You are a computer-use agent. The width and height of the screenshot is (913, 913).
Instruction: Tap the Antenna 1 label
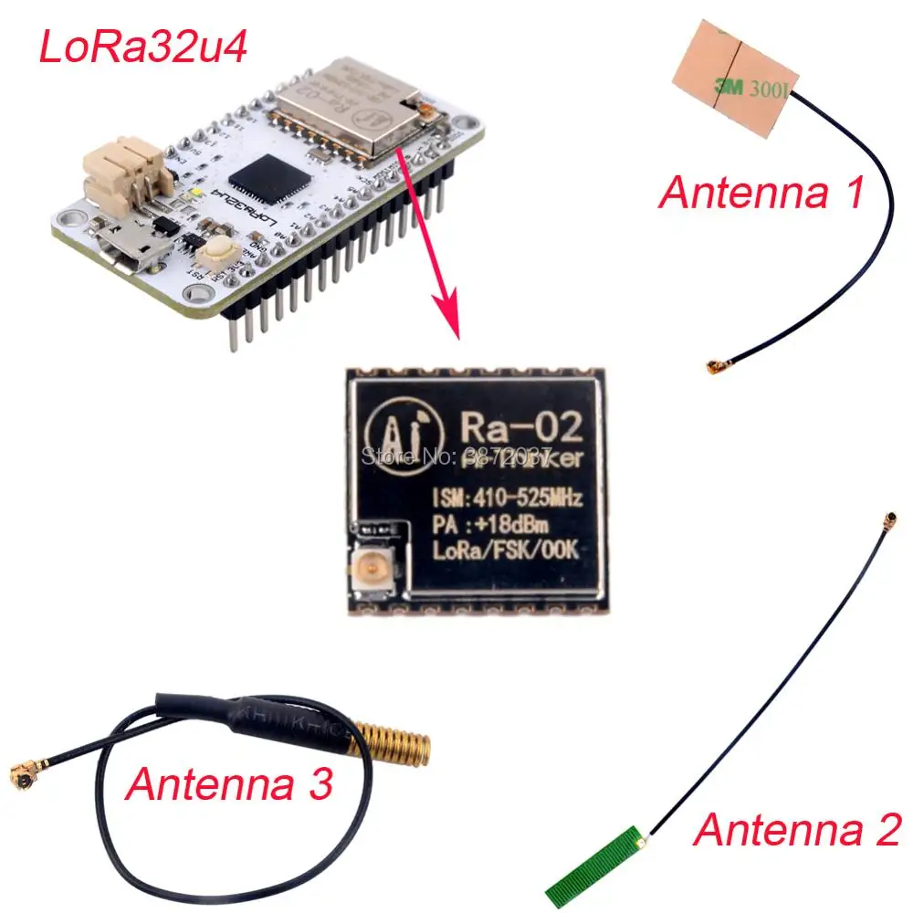761,193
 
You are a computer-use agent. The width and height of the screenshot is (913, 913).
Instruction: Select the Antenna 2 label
797,831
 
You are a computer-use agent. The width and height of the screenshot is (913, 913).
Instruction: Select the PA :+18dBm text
491,524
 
